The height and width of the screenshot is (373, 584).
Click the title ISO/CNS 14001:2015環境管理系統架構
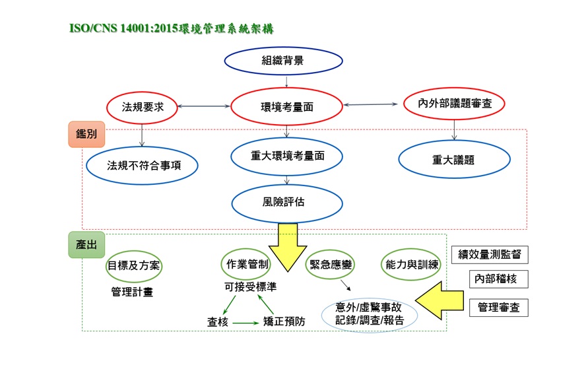click(x=171, y=28)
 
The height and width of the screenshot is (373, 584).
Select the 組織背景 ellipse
click(x=282, y=61)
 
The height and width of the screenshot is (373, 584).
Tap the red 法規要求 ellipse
click(x=143, y=106)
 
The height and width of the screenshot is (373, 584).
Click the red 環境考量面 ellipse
click(x=286, y=106)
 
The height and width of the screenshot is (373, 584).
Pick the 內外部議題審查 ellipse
click(x=453, y=103)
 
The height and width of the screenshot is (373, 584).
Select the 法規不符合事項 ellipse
click(x=143, y=164)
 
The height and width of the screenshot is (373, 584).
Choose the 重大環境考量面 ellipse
click(x=287, y=156)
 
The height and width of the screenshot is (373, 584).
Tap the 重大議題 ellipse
click(x=455, y=160)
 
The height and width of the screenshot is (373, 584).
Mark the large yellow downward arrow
click(x=288, y=248)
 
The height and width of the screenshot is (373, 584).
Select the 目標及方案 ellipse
click(x=135, y=265)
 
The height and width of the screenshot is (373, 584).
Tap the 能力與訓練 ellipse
click(x=411, y=265)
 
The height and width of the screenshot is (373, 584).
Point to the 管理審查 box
click(x=498, y=307)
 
